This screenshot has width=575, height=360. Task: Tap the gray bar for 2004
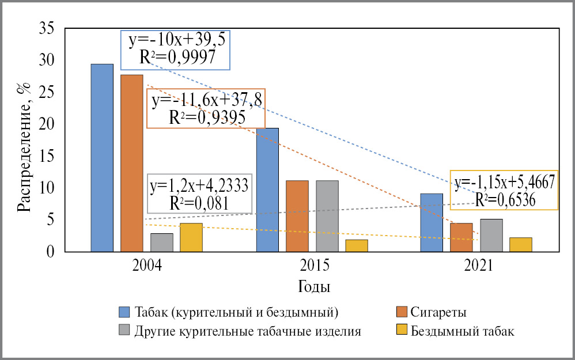point(161,242)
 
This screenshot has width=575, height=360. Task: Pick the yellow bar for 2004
point(191,237)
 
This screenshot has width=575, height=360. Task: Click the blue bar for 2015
point(267,190)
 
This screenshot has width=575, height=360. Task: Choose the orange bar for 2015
point(297,216)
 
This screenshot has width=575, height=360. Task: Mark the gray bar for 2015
point(327,216)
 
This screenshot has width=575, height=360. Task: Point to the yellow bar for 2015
point(357,245)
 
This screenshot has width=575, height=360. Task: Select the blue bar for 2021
point(432,222)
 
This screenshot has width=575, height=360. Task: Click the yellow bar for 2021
point(520,244)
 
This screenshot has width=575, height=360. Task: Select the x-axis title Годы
point(313,286)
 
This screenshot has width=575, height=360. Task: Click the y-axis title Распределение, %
point(23,147)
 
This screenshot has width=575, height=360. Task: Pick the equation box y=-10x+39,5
point(175,50)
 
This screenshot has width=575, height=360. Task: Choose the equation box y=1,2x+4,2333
point(199,194)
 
